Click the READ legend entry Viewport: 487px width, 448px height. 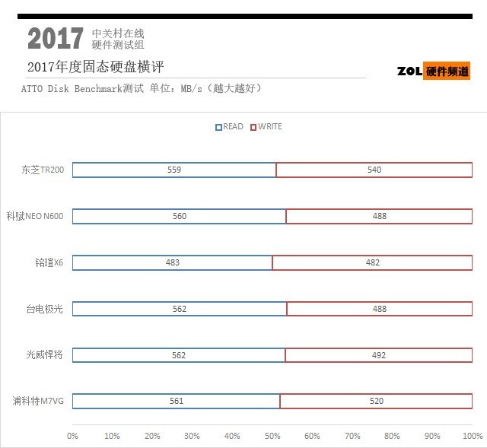coord(230,127)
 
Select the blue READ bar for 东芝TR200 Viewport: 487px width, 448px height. coord(174,170)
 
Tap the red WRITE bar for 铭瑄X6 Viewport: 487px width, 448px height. coord(372,262)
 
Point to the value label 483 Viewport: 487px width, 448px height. coord(173,262)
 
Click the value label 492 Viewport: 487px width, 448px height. coord(379,355)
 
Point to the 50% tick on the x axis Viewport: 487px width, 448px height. coord(272,437)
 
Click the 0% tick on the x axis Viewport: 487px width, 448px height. coord(72,437)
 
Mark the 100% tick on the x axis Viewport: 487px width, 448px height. coord(472,437)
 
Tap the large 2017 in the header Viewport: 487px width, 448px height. coord(55,39)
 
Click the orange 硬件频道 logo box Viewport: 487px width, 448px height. coord(447,71)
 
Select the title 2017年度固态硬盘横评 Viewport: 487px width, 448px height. coord(95,67)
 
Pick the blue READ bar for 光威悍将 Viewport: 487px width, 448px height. coord(179,355)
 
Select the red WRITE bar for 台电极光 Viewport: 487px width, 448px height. coord(379,309)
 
